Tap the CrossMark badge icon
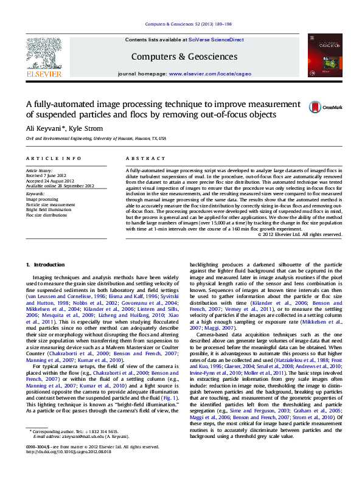316,107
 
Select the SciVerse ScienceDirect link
215,40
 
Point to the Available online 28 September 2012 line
60,186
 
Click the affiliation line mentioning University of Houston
96,139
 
